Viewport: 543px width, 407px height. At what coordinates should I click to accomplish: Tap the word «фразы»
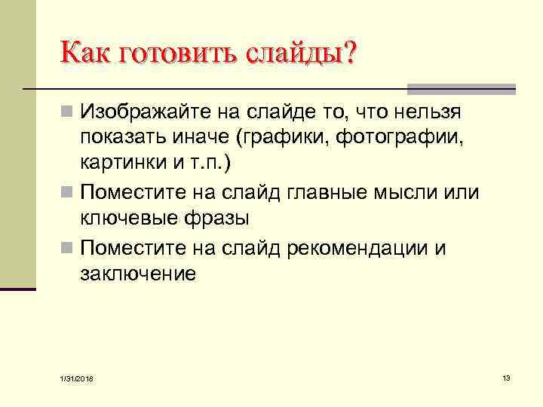click(x=219, y=219)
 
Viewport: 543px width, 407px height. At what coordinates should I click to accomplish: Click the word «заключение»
click(x=137, y=273)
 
